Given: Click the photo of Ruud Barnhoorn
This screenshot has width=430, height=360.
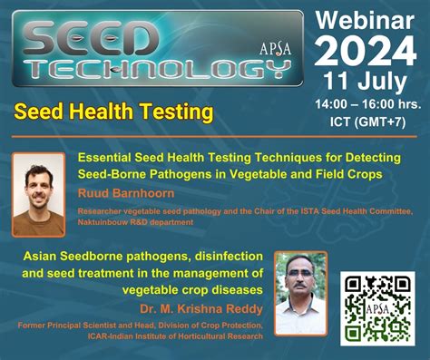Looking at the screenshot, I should (38, 194).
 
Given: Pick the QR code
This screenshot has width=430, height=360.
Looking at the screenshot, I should (377, 307).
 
